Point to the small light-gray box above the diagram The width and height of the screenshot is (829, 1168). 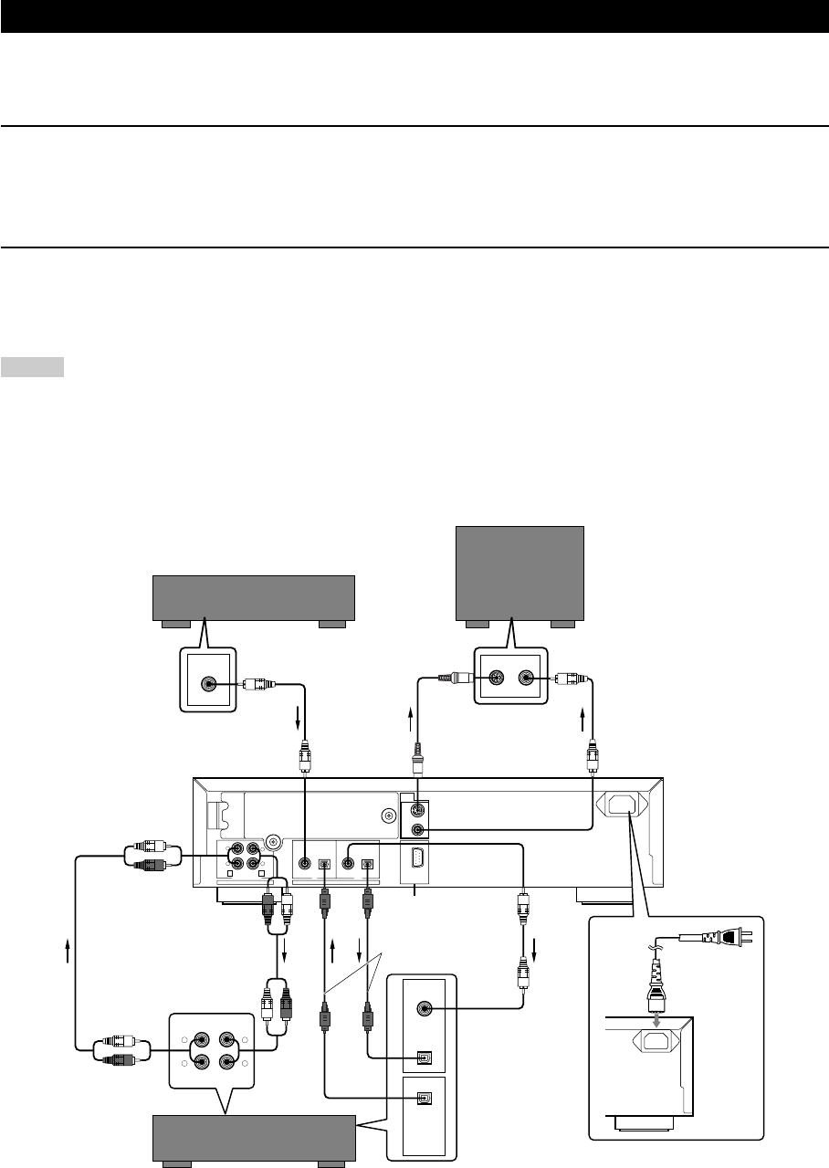coord(33,367)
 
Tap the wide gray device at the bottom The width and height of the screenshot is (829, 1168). coord(253,1136)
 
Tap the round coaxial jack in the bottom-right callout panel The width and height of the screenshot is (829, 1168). coord(424,1008)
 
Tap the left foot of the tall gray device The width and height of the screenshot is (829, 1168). coord(477,624)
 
